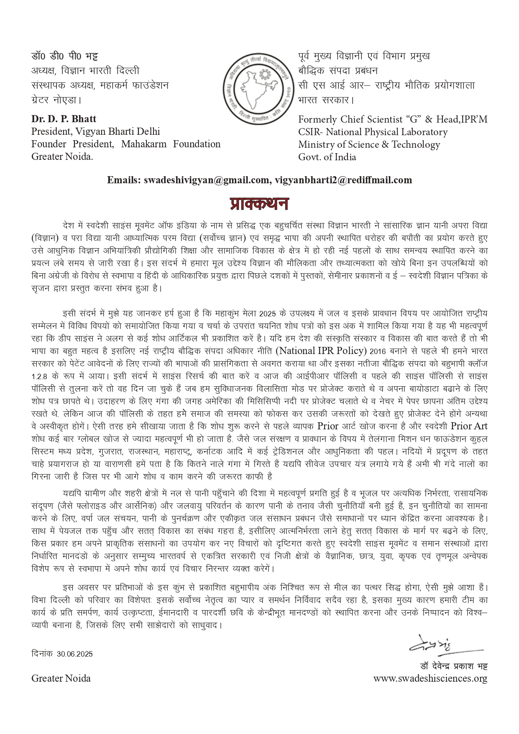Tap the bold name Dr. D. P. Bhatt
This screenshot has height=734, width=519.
[64, 119]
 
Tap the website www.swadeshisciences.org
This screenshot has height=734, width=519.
[430, 678]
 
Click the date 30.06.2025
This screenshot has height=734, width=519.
[75, 654]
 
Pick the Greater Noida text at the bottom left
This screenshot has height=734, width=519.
[61, 678]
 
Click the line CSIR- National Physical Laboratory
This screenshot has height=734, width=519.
[373, 132]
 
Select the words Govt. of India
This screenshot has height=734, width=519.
[327, 157]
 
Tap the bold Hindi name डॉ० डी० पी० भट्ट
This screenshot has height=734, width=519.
[65, 56]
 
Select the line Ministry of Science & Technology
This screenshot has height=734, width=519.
[369, 145]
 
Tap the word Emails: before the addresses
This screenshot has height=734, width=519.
[123, 180]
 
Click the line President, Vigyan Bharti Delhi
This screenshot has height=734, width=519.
[96, 132]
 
